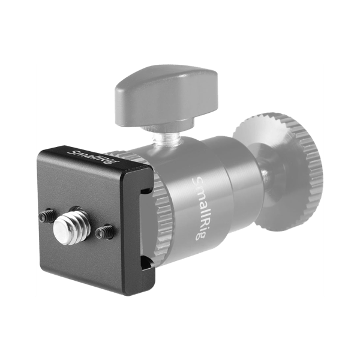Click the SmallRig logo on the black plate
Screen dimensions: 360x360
pos(92,157)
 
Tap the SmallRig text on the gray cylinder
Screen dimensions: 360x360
pos(199,208)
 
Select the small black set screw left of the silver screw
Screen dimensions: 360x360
pos(47,215)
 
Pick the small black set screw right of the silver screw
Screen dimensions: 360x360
pos(104,231)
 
